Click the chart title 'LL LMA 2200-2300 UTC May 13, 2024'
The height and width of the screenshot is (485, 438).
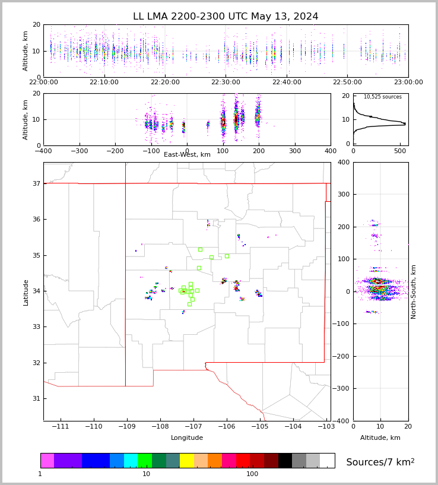226,17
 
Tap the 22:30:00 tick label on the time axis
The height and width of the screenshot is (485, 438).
226,82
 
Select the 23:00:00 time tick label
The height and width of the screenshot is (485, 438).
408,82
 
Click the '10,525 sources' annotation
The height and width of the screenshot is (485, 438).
382,97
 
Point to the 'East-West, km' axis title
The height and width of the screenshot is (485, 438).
187,155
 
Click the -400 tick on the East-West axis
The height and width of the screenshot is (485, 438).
43,150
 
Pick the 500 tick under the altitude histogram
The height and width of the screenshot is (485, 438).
400,150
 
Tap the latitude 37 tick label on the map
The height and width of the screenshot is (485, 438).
36,183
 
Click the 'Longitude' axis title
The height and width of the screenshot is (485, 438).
187,438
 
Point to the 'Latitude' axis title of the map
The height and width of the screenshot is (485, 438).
26,292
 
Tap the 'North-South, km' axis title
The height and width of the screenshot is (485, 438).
414,291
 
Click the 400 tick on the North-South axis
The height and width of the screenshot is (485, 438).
360,162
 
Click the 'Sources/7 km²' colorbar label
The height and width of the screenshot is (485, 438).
380,462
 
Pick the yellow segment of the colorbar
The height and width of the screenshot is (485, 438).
187,461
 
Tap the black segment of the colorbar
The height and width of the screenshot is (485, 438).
285,461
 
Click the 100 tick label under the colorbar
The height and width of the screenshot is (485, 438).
252,474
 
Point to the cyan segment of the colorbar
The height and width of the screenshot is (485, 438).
131,461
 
